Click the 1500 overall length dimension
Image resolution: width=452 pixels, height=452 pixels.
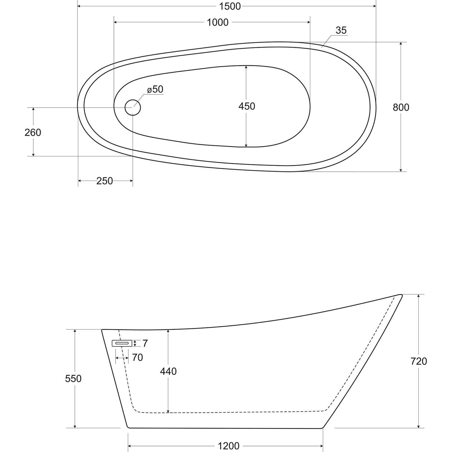click(230, 6)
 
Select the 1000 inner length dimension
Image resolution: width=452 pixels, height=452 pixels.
click(218, 22)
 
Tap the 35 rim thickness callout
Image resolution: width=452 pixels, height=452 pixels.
click(341, 30)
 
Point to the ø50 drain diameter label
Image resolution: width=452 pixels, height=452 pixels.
click(155, 89)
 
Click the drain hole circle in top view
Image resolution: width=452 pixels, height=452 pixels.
click(133, 107)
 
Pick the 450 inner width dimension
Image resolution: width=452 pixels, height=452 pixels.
click(247, 106)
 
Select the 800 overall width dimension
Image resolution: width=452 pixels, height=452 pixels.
click(401, 107)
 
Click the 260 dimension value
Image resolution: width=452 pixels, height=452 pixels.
click(33, 132)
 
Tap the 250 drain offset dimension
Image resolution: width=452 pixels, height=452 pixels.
click(105, 181)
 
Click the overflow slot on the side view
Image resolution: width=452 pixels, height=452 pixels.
click(122, 343)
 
